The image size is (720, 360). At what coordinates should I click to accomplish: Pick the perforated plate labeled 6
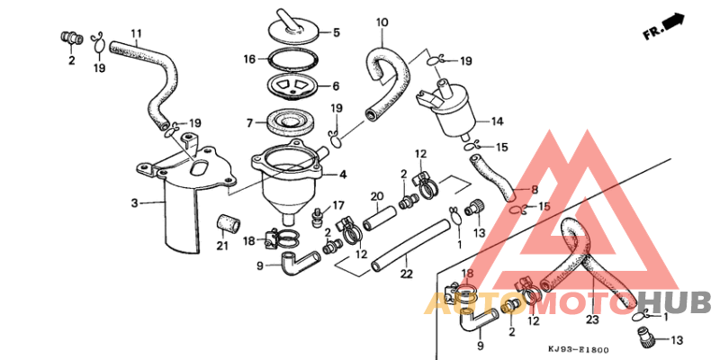(x=287, y=86)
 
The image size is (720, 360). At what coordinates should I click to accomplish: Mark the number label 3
(x=135, y=203)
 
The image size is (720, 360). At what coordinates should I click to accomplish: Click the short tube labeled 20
(x=377, y=217)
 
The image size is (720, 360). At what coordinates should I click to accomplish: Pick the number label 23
(x=592, y=317)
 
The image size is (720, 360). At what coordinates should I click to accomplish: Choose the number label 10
(x=382, y=22)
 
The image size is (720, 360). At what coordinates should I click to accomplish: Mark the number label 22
(x=407, y=274)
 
